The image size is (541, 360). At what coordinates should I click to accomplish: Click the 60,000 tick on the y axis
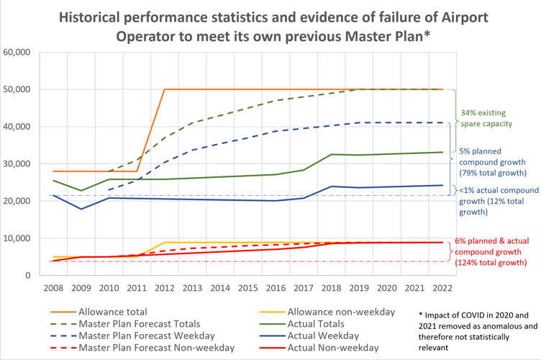pos(17,52)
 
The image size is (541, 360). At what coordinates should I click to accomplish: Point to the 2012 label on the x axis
pos(165,287)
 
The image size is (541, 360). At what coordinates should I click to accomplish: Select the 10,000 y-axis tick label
pos(17,238)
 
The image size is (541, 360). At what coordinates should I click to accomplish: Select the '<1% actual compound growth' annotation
pos(496,201)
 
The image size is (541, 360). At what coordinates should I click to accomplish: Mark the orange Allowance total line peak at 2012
pos(165,89)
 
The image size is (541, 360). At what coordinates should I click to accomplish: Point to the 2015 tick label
pos(246,287)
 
